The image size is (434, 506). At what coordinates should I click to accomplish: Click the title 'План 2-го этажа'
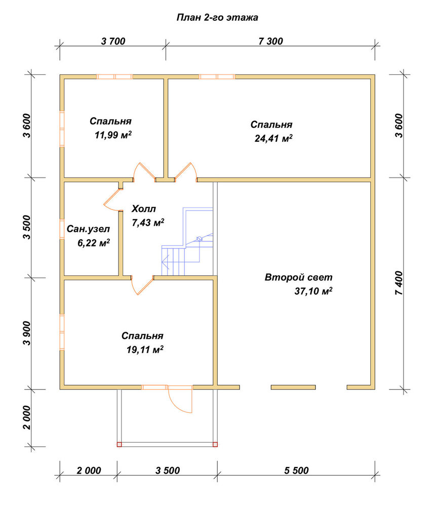217,17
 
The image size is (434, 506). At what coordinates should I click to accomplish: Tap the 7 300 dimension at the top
270,41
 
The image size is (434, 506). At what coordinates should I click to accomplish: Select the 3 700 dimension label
113,41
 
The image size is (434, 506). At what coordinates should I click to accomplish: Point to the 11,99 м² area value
113,135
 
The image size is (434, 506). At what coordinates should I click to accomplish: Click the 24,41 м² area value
273,138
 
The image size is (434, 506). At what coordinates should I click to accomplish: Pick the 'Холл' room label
144,209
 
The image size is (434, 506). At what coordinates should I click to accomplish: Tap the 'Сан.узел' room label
88,229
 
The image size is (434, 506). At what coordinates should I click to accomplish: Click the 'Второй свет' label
298,277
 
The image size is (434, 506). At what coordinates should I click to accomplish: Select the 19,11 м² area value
145,349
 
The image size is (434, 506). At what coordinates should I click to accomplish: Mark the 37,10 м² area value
313,291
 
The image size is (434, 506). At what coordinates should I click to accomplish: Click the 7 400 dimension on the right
399,283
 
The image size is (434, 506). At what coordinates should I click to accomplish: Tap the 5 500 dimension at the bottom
296,471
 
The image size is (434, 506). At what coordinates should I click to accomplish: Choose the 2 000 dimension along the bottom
89,471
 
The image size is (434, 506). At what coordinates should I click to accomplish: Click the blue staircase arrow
165,261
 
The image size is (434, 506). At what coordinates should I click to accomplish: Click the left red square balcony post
119,444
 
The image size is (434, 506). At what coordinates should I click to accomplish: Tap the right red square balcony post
215,444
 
